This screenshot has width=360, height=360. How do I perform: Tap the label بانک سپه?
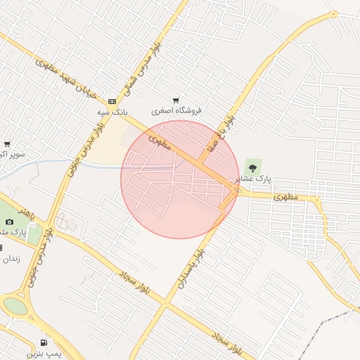point(113,112)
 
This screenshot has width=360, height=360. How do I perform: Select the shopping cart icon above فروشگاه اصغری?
point(176,101)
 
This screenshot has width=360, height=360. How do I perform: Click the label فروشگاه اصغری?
point(176,111)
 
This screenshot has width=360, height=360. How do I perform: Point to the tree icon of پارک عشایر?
point(252,168)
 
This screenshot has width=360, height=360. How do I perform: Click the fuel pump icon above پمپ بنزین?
point(44,342)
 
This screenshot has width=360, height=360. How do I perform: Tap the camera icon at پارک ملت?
point(9,221)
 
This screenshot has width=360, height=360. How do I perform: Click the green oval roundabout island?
point(15,307)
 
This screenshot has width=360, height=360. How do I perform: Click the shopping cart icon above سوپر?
point(7,144)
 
